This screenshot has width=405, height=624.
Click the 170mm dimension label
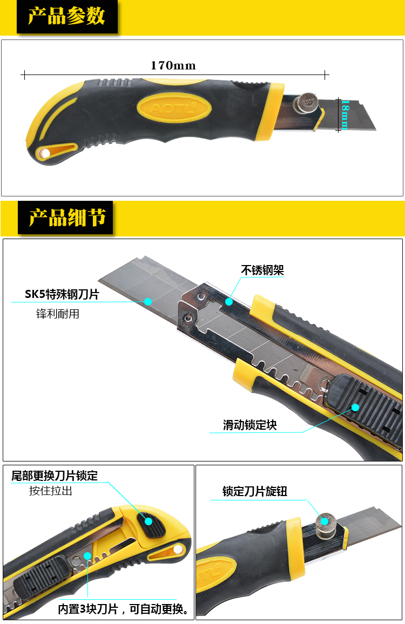(173, 65)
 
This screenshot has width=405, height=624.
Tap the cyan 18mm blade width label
(345, 114)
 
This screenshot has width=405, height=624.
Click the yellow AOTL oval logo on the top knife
(174, 108)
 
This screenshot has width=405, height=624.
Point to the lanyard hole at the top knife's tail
(45, 153)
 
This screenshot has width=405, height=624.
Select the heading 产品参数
(66, 16)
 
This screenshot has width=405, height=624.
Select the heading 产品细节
(67, 218)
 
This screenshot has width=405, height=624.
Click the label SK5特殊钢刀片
(62, 294)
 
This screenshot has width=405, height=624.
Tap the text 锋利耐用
(58, 314)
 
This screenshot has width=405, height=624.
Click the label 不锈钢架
(262, 270)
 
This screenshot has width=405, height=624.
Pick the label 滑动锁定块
(249, 425)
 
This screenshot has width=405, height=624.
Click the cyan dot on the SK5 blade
(148, 302)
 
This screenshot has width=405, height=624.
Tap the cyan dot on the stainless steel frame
(228, 302)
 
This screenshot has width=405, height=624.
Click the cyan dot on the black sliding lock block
(355, 407)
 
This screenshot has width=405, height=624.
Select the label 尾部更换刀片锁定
(55, 476)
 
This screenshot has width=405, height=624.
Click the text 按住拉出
(51, 491)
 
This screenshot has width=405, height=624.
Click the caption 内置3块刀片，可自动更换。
(124, 609)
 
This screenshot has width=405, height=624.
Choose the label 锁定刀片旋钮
(255, 491)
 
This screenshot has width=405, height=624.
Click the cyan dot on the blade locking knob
(325, 521)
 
